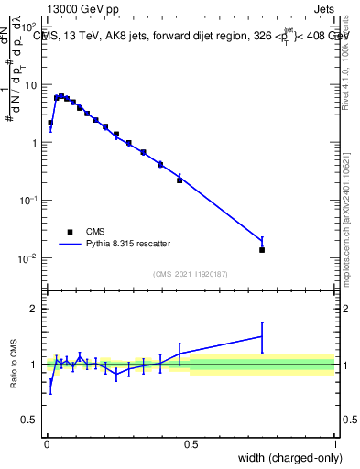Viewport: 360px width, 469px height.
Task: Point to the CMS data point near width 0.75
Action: (x=262, y=249)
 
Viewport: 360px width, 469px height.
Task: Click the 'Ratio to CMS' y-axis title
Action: (x=14, y=364)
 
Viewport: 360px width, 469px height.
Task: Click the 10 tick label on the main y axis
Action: (x=31, y=84)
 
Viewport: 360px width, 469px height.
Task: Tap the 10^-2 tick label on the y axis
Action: (x=29, y=258)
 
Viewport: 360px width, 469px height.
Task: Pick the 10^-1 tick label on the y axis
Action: (x=29, y=201)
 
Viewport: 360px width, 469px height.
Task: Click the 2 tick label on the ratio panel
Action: (x=35, y=309)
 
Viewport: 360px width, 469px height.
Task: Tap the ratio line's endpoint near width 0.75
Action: (x=262, y=336)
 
